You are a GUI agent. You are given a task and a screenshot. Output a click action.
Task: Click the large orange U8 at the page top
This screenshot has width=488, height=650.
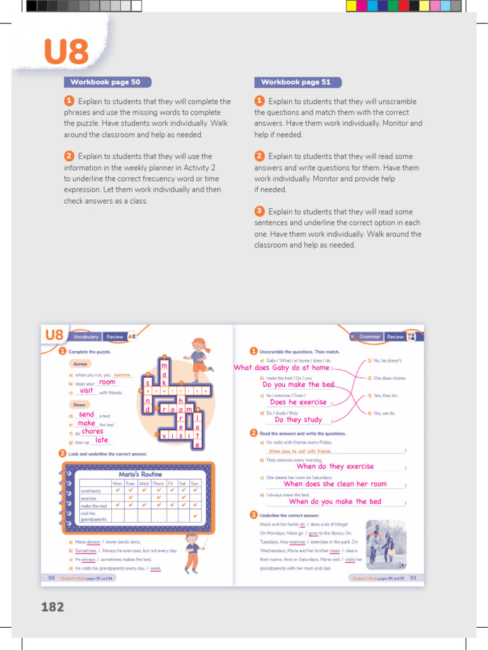(x=66, y=52)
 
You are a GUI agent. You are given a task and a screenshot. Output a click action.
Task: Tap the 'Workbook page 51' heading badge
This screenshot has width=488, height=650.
(x=296, y=82)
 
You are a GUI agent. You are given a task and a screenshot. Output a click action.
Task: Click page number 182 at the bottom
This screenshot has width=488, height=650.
(x=53, y=607)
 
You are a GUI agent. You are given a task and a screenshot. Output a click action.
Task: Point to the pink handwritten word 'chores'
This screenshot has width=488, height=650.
(x=92, y=432)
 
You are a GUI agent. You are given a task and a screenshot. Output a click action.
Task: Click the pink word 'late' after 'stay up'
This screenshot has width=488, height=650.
(x=102, y=440)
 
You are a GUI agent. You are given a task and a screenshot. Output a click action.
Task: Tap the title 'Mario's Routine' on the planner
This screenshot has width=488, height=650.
(x=140, y=474)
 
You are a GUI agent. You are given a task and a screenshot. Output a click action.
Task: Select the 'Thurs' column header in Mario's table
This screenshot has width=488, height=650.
(x=158, y=483)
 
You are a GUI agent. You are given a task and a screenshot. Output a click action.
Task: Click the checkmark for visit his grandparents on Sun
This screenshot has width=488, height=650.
(x=195, y=515)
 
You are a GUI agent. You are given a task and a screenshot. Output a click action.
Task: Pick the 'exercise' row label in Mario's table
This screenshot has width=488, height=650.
(x=88, y=498)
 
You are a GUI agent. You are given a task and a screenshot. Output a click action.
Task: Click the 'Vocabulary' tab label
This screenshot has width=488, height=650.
(x=86, y=337)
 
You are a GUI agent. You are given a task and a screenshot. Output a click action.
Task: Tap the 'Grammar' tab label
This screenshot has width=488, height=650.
(x=370, y=337)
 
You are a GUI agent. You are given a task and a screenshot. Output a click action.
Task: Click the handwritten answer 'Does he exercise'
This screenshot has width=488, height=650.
(x=298, y=402)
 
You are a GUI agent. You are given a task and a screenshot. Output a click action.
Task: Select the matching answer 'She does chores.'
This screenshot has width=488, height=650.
(x=390, y=378)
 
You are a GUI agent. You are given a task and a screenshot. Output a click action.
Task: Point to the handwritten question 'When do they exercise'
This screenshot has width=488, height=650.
(x=335, y=467)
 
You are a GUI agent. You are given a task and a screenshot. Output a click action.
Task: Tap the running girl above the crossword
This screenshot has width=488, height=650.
(x=199, y=355)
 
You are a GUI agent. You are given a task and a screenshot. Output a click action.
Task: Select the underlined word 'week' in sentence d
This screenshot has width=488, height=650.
(x=156, y=569)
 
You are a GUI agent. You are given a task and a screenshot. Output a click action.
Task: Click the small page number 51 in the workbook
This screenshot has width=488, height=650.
(x=413, y=578)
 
